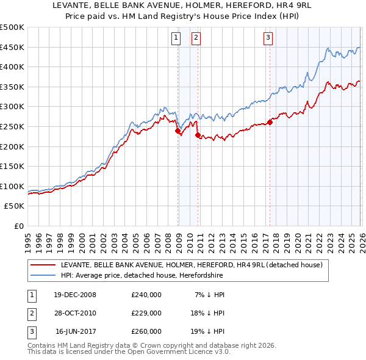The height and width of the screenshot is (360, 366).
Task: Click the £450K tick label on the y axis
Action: (12, 47)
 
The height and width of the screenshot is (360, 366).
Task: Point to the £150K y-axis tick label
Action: (12, 166)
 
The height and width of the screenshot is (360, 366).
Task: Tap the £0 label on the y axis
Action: (18, 226)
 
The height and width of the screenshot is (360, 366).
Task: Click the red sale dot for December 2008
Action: (178, 131)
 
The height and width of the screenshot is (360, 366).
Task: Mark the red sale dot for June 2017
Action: (270, 123)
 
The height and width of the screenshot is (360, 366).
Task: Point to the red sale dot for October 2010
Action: (198, 135)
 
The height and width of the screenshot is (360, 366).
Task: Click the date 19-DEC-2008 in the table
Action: (75, 295)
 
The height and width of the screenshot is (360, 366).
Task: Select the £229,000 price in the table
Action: (146, 313)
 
